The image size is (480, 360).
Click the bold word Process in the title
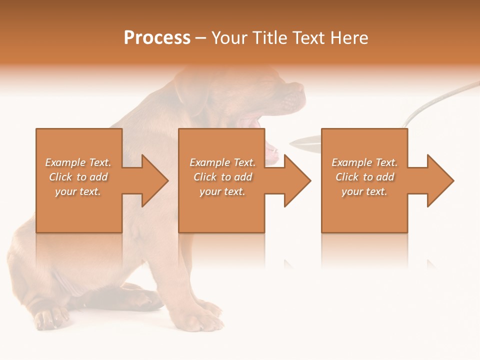click(157, 38)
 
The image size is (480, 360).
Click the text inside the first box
click(78, 177)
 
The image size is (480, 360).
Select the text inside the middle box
click(222, 177)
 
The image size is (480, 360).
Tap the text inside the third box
click(364, 177)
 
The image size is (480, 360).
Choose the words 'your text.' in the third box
click(364, 191)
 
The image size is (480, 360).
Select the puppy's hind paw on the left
click(50, 317)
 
